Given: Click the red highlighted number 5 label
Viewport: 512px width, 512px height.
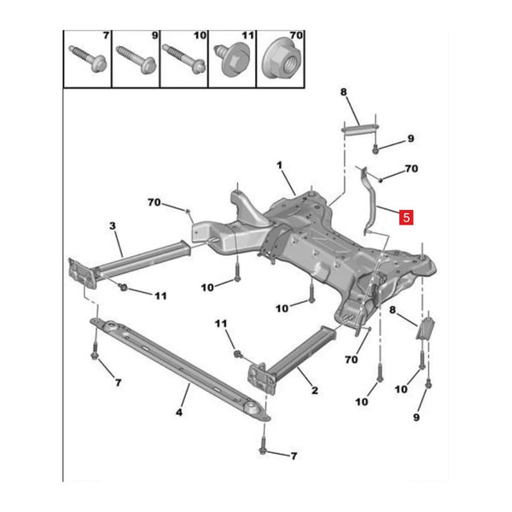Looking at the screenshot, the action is coord(406,217).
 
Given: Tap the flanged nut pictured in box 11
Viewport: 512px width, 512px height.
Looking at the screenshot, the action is coord(231,60).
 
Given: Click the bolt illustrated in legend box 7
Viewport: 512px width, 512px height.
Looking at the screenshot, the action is coord(88,58).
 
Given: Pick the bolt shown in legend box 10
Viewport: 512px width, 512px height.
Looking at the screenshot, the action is coord(183,59).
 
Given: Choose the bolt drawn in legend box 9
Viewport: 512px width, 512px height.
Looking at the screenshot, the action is coord(136,60).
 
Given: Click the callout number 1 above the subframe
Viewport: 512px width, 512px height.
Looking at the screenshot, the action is coord(279,166).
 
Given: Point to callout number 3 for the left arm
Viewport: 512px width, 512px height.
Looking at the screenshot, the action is coord(113,225).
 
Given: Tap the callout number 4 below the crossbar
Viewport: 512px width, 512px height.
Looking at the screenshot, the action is coord(179,412).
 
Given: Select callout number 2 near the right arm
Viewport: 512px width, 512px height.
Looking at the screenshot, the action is coord(314,390).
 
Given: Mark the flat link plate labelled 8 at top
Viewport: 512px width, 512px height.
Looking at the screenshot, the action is coord(360,129).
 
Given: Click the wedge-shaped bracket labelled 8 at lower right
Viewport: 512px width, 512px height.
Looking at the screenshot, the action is coord(426,329).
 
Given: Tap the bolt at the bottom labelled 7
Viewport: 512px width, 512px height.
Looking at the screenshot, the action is coord(263,445).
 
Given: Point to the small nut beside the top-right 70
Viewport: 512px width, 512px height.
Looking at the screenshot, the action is coord(381,179).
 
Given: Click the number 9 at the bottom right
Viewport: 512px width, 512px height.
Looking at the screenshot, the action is coord(416,417).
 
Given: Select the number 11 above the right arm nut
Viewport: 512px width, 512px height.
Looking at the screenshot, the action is coord(221,323).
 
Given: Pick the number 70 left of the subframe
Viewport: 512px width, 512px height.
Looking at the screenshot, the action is coord(154,202).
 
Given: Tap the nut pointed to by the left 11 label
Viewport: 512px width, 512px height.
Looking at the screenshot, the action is coord(123,287).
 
